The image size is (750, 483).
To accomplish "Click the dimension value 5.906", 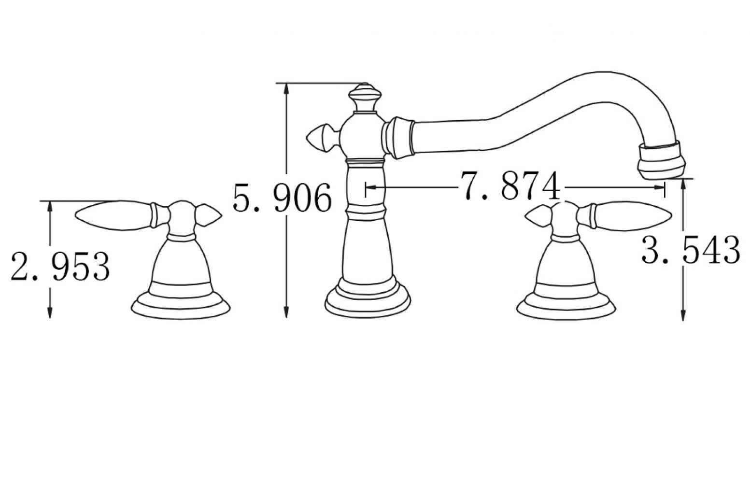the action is (282, 198).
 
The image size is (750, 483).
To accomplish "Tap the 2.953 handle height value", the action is (60, 267).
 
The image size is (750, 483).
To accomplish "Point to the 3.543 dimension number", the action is (691, 250).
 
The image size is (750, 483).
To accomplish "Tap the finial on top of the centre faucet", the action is (365, 97).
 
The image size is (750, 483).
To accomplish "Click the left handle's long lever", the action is (115, 215).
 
